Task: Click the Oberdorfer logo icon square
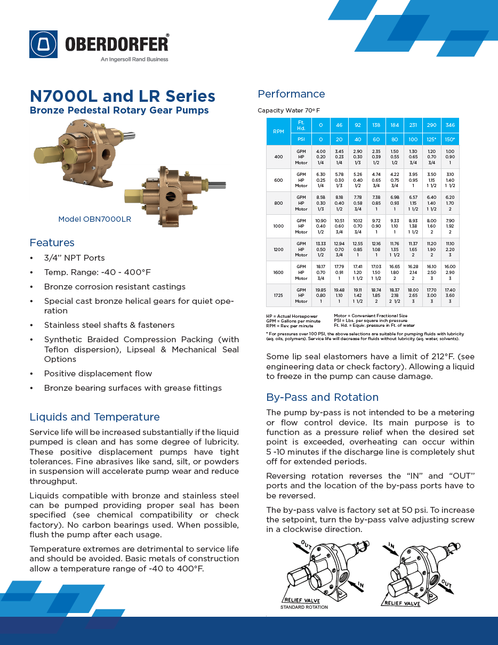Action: pos(44,44)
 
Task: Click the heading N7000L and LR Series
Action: pos(122,96)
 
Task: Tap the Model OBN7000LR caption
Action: pos(94,219)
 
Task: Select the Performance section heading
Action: pos(291,94)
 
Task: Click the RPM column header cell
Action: pos(278,132)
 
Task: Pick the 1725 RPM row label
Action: pos(278,295)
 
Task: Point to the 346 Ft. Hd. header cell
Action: pos(450,125)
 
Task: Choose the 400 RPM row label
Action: pos(278,157)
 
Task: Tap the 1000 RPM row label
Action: pos(278,226)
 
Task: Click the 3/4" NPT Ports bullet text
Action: pos(74,258)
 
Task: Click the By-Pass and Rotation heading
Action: pos(322,397)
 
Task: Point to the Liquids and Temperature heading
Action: pos(94,417)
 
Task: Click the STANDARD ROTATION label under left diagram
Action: pos(304,607)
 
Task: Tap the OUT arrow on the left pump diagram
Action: pos(306,545)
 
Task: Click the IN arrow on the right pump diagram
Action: pos(392,546)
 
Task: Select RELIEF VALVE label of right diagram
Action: pos(401,603)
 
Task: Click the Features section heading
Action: pos(52,243)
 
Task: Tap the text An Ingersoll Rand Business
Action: pos(134,59)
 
